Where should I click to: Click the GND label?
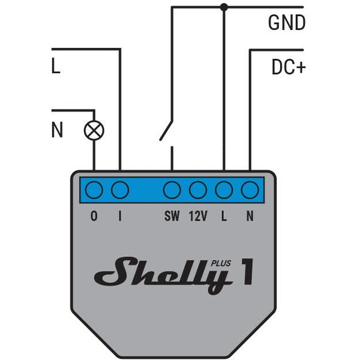click(287, 23)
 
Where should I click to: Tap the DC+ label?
click(289, 67)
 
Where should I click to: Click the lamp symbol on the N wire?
click(94, 130)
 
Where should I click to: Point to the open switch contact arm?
click(166, 130)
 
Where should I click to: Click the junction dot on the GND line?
click(224, 7)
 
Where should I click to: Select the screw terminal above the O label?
click(94, 190)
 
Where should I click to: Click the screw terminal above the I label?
click(120, 190)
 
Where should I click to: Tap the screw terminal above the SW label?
click(172, 190)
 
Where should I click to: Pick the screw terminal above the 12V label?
click(198, 190)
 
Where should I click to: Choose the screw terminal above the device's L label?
click(224, 190)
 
